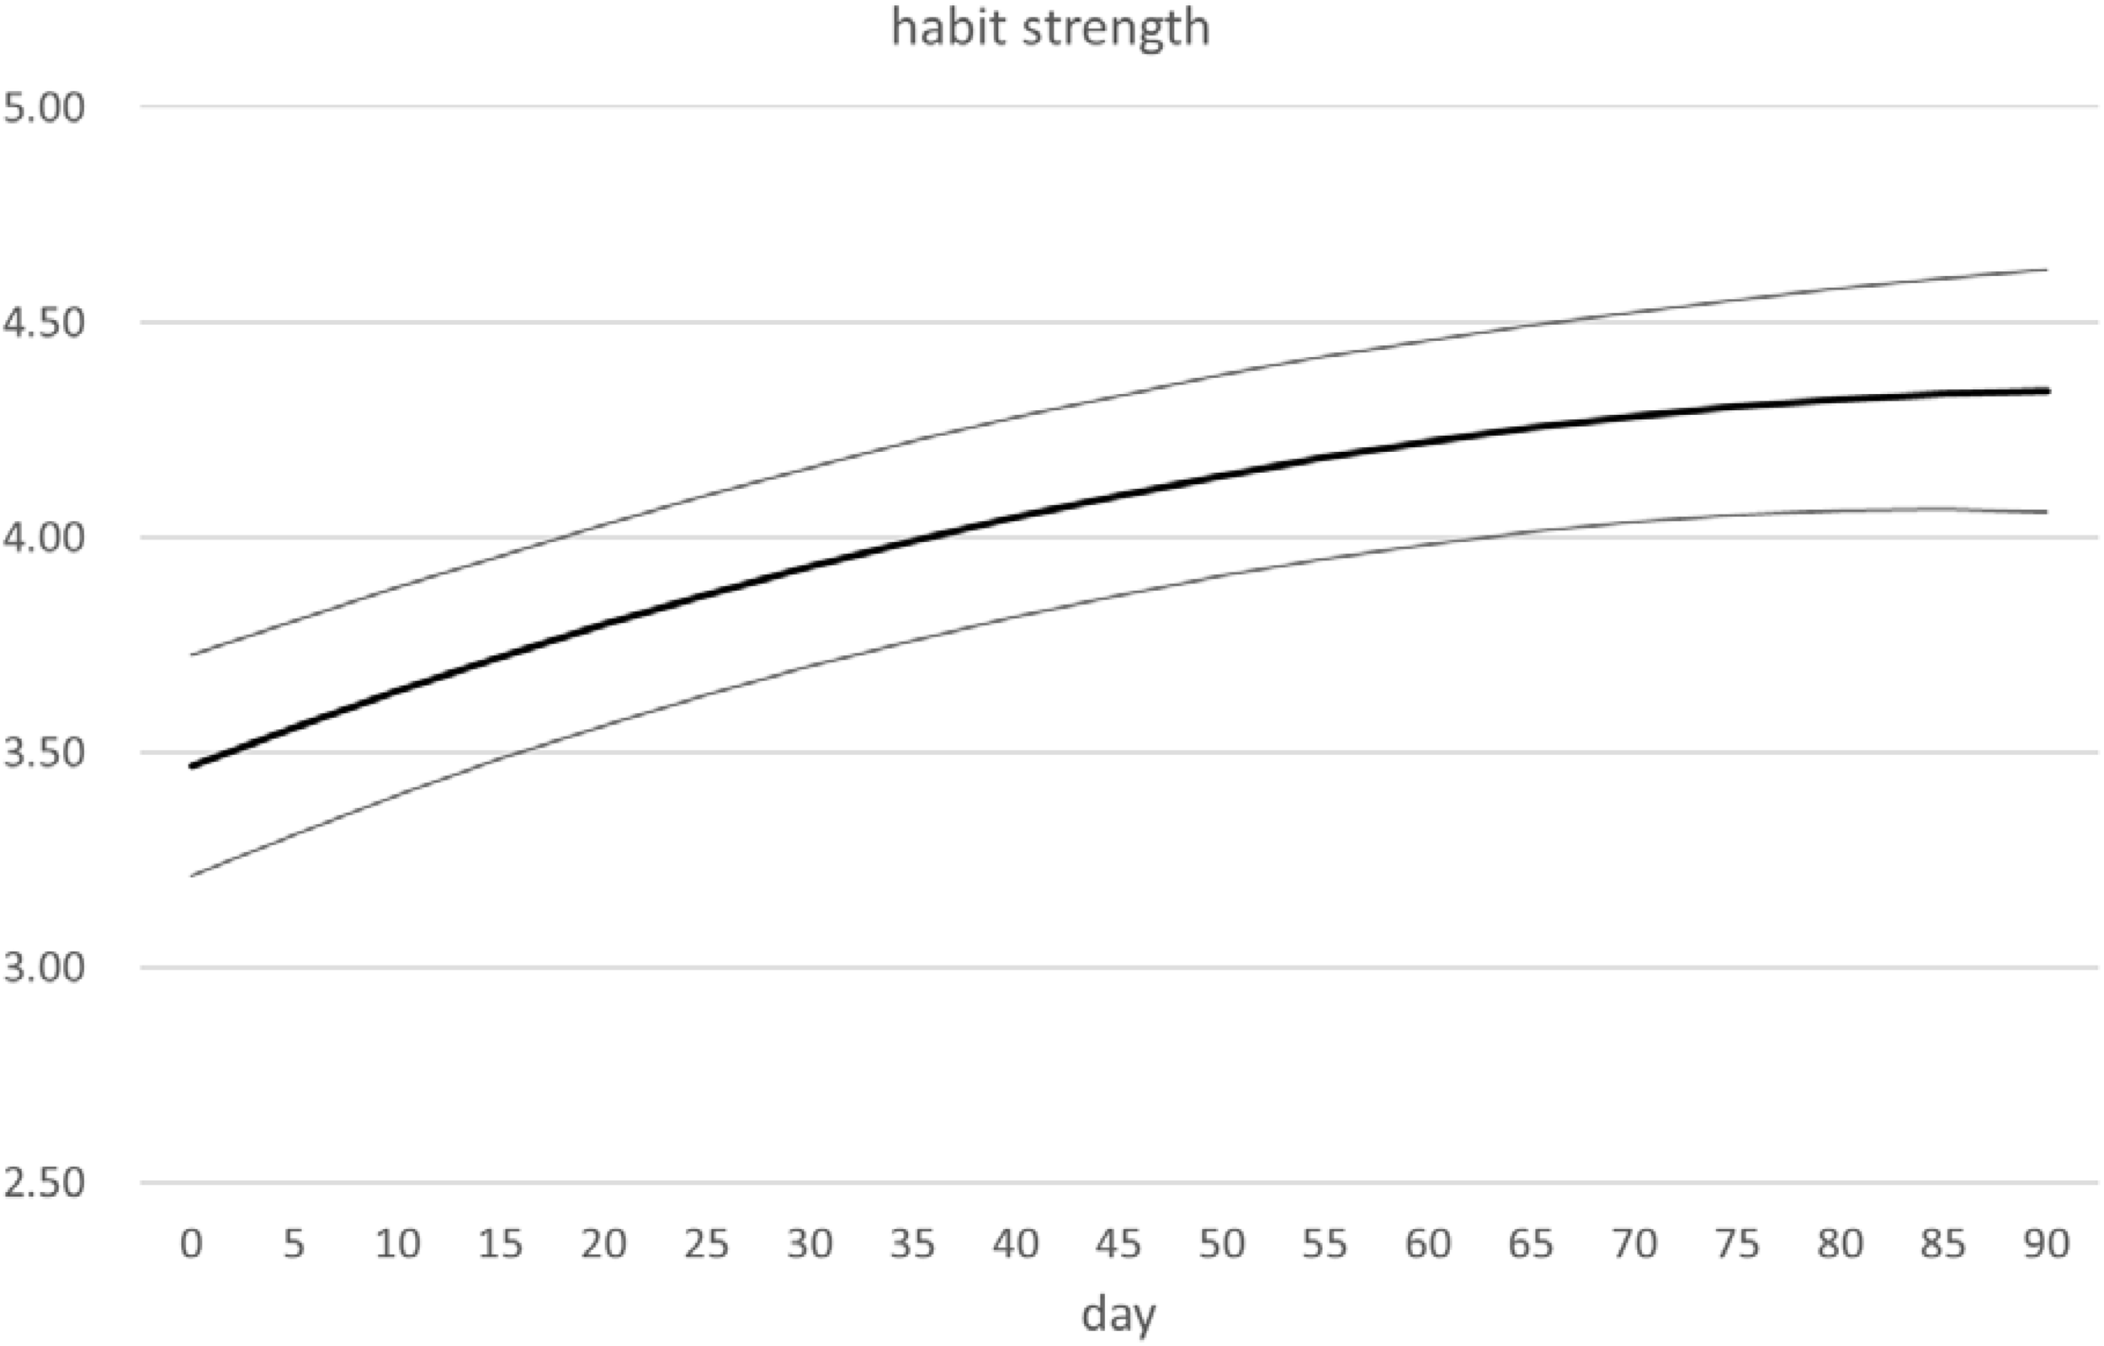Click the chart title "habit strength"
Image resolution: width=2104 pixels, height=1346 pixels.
(1050, 28)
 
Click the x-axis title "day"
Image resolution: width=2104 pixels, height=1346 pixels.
(1118, 1313)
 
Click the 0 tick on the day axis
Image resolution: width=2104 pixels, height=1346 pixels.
(191, 1242)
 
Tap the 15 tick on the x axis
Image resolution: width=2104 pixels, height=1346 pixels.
(500, 1242)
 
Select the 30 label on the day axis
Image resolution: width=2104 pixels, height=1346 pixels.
(809, 1242)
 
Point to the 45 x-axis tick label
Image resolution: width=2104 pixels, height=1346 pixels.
(1118, 1242)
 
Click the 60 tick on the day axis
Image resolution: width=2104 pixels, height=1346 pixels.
(1427, 1242)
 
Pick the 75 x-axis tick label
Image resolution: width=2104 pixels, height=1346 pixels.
(1737, 1242)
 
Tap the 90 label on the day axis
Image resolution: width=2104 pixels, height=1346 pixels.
(2046, 1242)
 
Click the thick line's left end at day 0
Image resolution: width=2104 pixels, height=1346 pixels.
(192, 766)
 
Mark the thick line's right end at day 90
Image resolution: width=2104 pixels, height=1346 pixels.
(2048, 391)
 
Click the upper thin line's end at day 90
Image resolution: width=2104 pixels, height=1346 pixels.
(2048, 270)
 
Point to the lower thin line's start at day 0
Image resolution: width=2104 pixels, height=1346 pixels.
(192, 875)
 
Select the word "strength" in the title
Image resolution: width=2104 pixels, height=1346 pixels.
(1117, 28)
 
